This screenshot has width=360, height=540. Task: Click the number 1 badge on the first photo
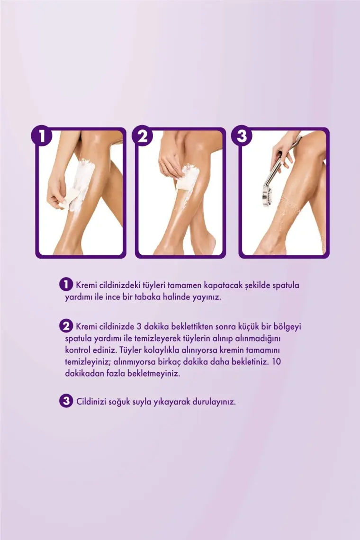[41, 135]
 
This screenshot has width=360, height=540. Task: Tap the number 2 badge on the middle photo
[142, 135]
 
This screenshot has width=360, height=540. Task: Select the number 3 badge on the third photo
[242, 135]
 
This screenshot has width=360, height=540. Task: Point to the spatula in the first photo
[68, 199]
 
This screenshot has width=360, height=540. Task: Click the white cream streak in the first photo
[81, 184]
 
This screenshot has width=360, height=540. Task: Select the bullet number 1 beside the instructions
[66, 285]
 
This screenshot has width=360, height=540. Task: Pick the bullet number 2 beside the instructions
[66, 326]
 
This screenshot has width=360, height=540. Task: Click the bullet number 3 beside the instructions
[66, 401]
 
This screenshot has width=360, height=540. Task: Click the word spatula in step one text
[286, 286]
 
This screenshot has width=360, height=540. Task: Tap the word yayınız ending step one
[207, 297]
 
